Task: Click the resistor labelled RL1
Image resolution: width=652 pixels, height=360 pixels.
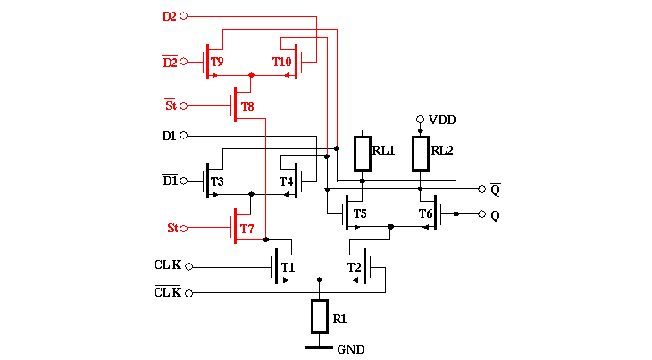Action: (x=363, y=153)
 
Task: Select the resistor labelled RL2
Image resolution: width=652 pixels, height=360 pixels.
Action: (x=421, y=153)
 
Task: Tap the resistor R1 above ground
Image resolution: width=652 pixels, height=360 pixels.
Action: (x=320, y=316)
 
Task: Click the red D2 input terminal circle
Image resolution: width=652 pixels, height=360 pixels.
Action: (x=184, y=16)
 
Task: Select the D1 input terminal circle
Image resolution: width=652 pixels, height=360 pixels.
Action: (x=184, y=135)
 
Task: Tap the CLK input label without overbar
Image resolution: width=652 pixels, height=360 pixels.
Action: (x=167, y=265)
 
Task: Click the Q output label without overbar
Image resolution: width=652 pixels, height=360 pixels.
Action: (x=495, y=215)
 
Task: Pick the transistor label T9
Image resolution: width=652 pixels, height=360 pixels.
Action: (x=217, y=62)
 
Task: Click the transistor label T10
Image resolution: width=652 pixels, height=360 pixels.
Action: (x=281, y=62)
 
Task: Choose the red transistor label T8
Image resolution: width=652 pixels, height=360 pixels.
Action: (x=247, y=107)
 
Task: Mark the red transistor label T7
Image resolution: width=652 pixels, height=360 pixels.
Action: (x=247, y=230)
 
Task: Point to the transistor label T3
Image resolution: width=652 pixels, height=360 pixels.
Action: (x=217, y=181)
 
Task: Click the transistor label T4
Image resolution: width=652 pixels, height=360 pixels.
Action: (x=286, y=181)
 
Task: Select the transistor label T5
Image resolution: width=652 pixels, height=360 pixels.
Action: (x=359, y=213)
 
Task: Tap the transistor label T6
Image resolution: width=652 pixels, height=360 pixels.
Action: (x=425, y=213)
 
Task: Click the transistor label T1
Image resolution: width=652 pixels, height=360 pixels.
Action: (x=288, y=267)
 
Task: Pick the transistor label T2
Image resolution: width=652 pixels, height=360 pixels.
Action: (x=354, y=267)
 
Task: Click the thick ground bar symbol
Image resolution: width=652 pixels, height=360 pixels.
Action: (x=320, y=347)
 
